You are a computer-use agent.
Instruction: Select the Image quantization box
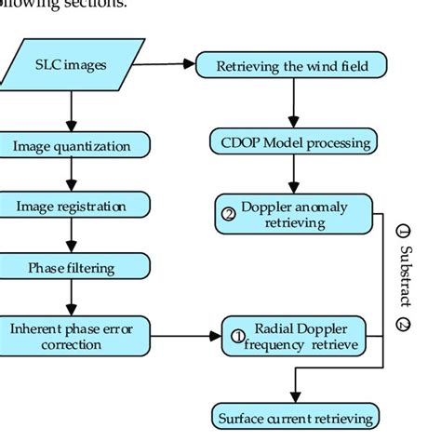(x=73, y=145)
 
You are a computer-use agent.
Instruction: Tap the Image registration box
(x=71, y=206)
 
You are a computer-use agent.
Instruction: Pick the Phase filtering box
(x=71, y=268)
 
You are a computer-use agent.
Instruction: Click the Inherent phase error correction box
(x=71, y=336)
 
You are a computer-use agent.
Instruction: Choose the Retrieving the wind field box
(x=293, y=65)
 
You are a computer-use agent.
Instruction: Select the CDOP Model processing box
(x=294, y=142)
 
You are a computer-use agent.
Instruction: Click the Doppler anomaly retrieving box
(x=293, y=213)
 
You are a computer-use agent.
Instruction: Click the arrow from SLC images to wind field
(x=159, y=64)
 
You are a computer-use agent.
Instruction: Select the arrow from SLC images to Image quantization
(x=72, y=110)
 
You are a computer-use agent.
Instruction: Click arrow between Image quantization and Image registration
(x=71, y=175)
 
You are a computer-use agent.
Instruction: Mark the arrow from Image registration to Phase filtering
(x=71, y=236)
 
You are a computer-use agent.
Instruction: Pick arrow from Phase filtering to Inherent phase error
(x=71, y=299)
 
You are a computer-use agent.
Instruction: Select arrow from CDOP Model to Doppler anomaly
(x=294, y=175)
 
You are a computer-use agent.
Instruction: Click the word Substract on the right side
(x=404, y=274)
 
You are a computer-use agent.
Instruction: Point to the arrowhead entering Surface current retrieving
(x=294, y=397)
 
